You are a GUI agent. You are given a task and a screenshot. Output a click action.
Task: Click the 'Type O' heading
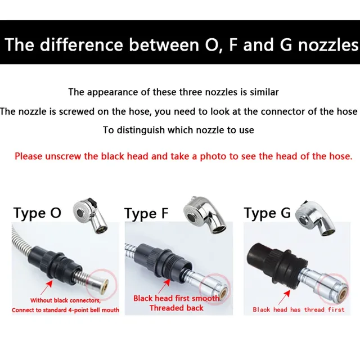37,213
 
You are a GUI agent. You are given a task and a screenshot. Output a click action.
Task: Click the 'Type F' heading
146,214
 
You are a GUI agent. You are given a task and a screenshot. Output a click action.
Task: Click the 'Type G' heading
267,213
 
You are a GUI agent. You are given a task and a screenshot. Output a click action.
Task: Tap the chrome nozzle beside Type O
90,216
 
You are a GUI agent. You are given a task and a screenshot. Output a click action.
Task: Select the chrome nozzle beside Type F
205,214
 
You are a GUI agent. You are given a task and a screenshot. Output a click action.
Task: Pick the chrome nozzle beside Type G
315,219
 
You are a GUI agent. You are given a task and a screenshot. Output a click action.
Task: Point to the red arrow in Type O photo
46,288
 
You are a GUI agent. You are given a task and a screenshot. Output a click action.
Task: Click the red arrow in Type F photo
164,286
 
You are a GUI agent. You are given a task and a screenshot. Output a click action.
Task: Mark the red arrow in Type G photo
284,298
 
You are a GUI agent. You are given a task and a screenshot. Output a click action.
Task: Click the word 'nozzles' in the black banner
328,44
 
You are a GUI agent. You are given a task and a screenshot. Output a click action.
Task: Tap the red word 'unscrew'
63,156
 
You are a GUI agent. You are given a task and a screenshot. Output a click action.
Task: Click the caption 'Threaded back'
176,308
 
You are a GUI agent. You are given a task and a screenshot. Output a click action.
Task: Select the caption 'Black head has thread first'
299,310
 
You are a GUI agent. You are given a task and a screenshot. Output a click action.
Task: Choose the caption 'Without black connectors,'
65,300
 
